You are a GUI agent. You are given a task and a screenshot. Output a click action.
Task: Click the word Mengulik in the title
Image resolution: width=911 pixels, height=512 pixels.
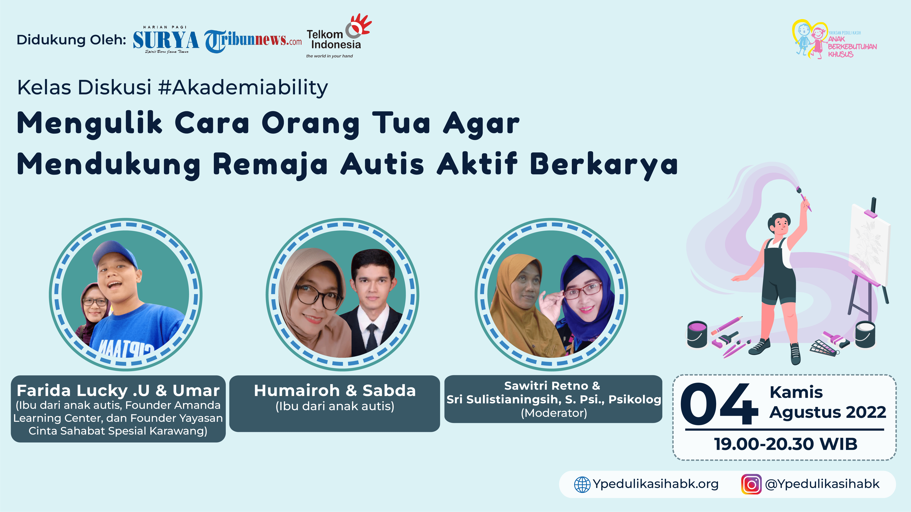point(89,124)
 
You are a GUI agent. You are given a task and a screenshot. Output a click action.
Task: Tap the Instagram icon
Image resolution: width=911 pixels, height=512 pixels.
point(751,484)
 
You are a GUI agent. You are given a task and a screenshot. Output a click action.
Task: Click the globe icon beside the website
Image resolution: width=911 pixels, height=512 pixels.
point(582,484)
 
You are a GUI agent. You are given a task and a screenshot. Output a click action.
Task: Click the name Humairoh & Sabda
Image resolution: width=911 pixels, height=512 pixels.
point(335,391)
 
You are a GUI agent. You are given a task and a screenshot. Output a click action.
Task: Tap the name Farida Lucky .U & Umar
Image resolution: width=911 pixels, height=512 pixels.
point(118,391)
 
